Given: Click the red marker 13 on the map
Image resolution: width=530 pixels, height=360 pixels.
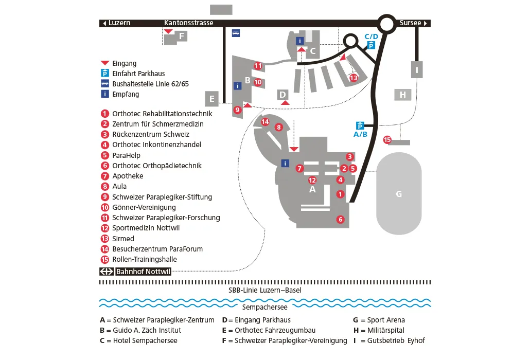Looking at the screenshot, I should [353, 78].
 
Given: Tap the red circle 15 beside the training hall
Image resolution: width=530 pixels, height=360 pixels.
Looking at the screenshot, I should [387, 139].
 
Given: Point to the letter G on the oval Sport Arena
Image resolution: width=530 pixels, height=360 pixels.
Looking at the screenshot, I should [398, 194].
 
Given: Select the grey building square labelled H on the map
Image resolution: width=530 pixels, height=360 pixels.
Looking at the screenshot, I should [403, 95].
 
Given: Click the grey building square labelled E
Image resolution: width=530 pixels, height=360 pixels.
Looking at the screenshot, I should [211, 98].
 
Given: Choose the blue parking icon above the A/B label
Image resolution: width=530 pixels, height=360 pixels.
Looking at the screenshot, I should [360, 125].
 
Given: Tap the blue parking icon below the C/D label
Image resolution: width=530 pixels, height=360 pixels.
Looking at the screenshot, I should [371, 45].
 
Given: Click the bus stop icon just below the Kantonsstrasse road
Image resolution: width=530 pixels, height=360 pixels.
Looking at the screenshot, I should [236, 32].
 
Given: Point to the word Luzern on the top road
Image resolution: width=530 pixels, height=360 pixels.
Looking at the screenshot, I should [119, 23].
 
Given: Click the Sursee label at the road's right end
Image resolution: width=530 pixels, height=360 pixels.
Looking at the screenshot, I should [410, 23].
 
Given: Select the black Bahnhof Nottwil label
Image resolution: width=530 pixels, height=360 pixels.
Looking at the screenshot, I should [135, 272].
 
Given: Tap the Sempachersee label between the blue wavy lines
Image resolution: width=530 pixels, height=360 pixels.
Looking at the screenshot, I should [264, 307].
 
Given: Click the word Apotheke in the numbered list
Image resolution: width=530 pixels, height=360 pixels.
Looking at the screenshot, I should [128, 176].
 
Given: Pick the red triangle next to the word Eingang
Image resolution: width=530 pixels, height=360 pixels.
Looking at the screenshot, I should [105, 63].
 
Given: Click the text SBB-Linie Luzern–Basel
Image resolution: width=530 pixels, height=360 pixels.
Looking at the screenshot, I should [264, 290].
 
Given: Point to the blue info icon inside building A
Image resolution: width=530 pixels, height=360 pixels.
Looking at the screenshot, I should [285, 163].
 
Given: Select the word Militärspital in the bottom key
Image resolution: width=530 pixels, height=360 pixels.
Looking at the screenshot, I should [386, 330].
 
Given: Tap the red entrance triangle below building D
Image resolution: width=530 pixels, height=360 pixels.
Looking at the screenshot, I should [286, 103].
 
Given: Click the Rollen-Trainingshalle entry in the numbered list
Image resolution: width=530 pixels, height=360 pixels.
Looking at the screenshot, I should [146, 259].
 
